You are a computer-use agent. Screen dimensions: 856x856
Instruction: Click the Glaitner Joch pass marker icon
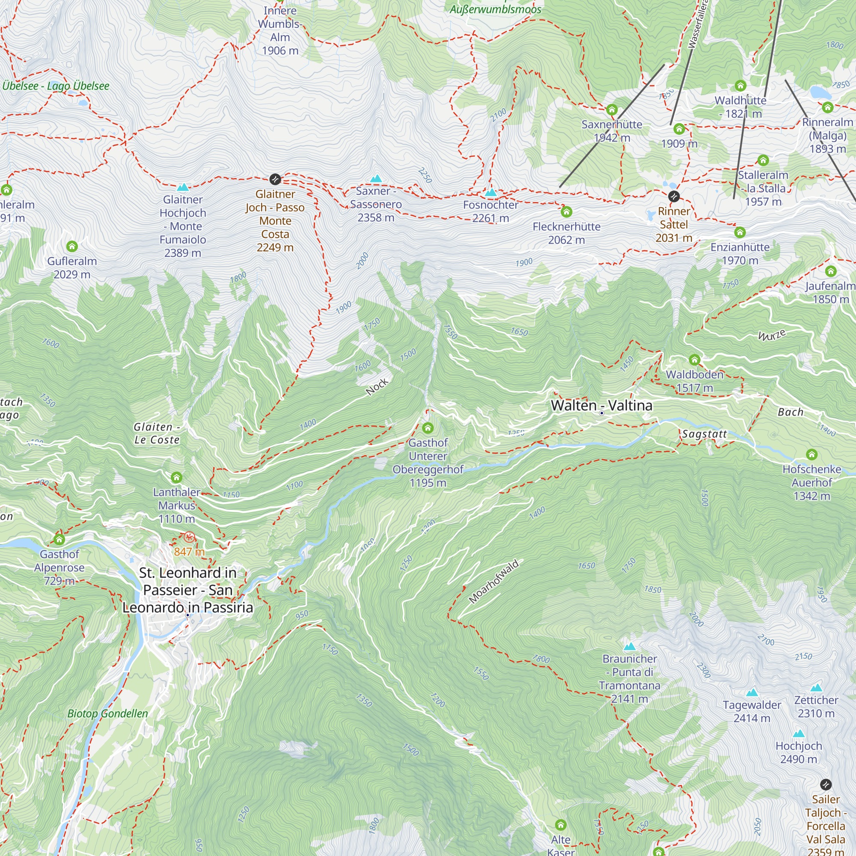tap(275, 179)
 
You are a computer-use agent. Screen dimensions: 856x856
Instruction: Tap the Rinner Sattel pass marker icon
tap(673, 196)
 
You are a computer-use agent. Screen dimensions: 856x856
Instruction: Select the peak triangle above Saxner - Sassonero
tap(376, 178)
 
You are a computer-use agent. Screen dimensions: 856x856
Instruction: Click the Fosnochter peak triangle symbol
tap(490, 192)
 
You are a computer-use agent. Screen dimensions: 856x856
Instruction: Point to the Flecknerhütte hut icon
tap(566, 212)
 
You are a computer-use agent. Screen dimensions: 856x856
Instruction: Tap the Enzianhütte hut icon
tap(740, 232)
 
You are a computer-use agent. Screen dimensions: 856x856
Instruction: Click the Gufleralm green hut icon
tap(72, 247)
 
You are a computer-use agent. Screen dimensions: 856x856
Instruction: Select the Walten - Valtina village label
tap(601, 405)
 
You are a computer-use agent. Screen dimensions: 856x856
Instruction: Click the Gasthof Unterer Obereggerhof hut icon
tap(428, 428)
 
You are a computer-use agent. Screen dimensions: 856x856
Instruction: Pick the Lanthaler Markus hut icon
tap(176, 477)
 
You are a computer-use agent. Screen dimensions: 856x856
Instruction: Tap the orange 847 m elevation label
tap(189, 552)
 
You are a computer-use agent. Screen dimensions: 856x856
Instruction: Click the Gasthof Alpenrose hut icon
tap(59, 539)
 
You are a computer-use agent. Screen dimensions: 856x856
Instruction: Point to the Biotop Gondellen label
tap(108, 713)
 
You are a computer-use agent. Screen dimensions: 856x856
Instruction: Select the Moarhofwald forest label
tap(493, 582)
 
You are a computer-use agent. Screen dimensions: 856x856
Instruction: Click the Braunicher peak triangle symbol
tap(629, 646)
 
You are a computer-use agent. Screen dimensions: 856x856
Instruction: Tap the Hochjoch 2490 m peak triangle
tap(798, 733)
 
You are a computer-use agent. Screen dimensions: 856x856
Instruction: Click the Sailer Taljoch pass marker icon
tap(826, 785)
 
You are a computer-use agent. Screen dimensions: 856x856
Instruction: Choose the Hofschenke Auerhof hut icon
tap(811, 454)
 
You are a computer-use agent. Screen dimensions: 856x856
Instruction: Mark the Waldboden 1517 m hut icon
tap(694, 360)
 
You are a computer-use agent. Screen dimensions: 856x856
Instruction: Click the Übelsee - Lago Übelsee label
tap(56, 86)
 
